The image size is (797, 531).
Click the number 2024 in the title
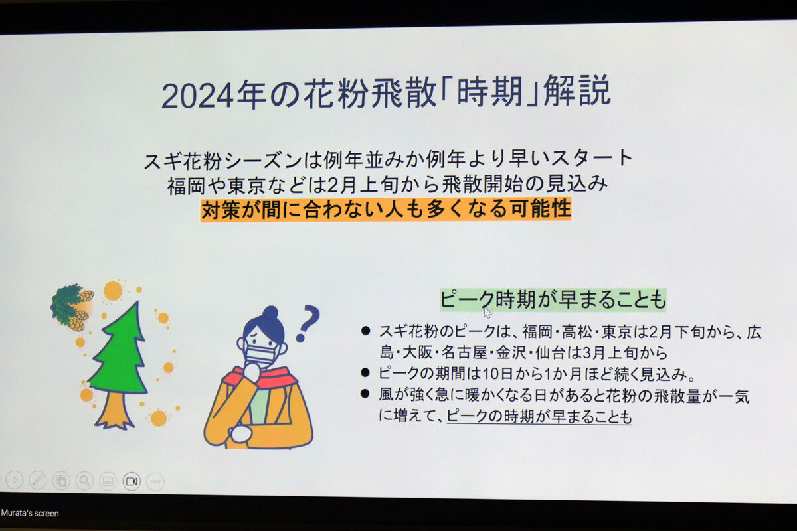(197, 96)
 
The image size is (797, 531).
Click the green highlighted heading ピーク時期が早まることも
(553, 300)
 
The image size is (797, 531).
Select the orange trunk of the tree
(114, 410)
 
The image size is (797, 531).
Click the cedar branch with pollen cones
(71, 307)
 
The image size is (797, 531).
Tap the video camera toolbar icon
(132, 481)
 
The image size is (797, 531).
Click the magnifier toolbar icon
(84, 481)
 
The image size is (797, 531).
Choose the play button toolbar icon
(15, 480)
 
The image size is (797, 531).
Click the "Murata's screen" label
(30, 513)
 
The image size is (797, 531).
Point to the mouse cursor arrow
(487, 312)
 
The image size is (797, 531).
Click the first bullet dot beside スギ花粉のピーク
(365, 331)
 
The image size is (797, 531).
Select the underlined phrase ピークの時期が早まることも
(539, 416)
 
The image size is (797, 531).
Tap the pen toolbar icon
(38, 481)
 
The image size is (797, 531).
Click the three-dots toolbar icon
(155, 482)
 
